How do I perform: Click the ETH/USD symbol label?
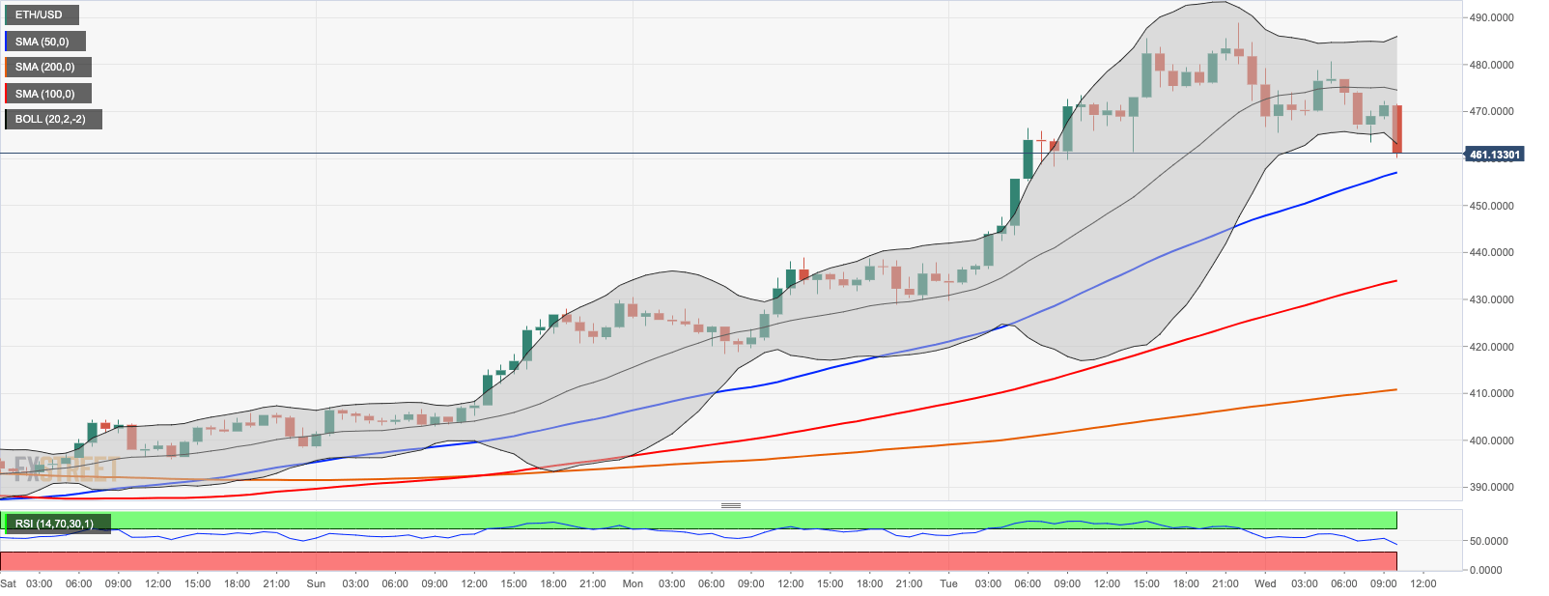[41, 14]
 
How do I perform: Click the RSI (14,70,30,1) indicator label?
[56, 524]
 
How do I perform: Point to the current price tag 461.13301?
[1494, 155]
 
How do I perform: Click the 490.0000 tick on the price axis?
[1491, 17]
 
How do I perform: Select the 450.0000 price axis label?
[1491, 206]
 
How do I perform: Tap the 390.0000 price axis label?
[1491, 487]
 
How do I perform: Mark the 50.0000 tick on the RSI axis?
[1488, 541]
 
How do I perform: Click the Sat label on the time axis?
[9, 583]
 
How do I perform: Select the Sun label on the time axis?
[316, 583]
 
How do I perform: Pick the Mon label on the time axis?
[633, 583]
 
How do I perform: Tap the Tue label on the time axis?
[949, 583]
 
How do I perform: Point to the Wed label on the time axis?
[1265, 583]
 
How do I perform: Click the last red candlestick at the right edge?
[1397, 129]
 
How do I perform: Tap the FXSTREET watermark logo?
[66, 470]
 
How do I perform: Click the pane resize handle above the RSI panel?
[731, 505]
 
